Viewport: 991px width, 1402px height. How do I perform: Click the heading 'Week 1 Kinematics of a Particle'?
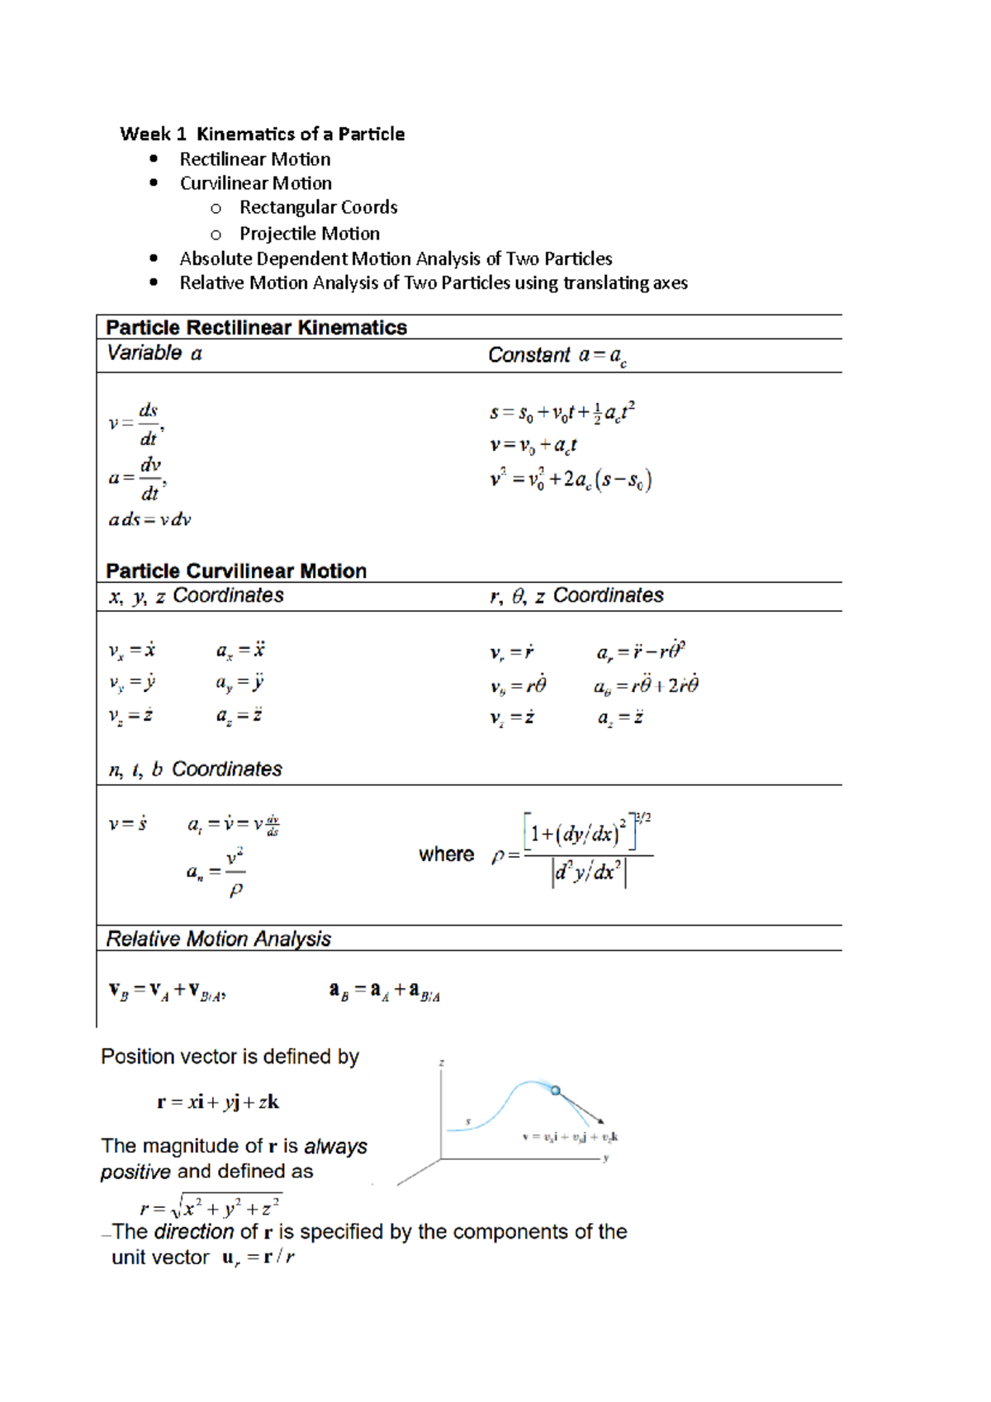click(x=262, y=134)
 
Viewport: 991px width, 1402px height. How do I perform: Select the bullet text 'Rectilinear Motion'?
click(x=254, y=159)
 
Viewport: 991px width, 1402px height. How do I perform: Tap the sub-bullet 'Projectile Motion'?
click(x=309, y=234)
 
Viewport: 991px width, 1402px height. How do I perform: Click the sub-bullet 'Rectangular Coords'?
click(x=318, y=207)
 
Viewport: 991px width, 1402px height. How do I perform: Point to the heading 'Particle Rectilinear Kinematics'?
click(x=256, y=328)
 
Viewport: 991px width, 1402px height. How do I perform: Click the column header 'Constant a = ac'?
click(x=557, y=356)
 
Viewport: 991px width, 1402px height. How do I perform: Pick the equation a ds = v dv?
click(x=149, y=520)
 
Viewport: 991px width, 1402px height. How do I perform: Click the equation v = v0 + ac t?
click(x=533, y=446)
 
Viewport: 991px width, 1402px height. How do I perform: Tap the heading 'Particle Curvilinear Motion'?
click(x=236, y=571)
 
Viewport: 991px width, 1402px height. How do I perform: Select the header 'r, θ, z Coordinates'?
click(x=576, y=596)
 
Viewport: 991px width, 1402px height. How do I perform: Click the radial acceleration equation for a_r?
click(x=641, y=651)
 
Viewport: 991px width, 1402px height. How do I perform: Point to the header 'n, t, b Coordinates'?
click(x=195, y=770)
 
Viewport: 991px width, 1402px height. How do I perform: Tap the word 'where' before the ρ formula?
click(x=446, y=855)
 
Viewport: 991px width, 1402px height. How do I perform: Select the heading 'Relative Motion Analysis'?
click(x=218, y=939)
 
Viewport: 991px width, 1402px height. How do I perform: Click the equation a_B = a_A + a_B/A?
click(x=385, y=992)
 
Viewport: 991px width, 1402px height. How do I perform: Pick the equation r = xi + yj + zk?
click(x=218, y=1102)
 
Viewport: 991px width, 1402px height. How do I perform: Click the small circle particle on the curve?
click(x=556, y=1091)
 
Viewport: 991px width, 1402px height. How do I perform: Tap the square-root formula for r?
click(x=211, y=1207)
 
